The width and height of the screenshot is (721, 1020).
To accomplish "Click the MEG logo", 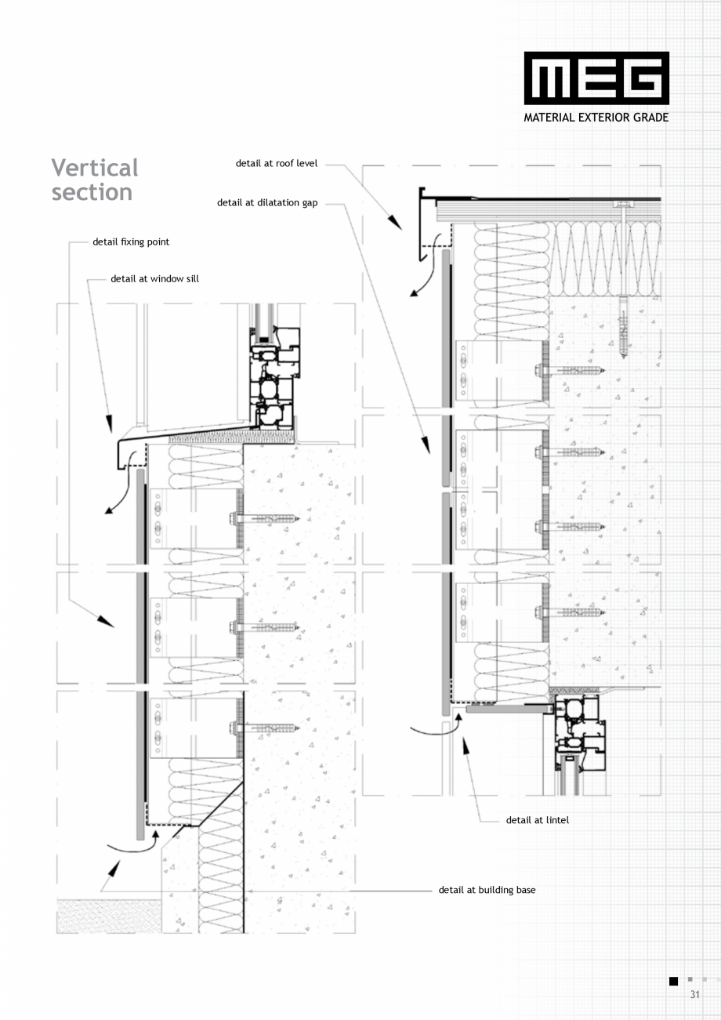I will tap(596, 78).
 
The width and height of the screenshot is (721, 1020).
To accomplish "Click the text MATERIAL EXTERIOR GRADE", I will tap(596, 118).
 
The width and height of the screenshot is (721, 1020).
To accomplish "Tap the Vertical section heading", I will tap(94, 180).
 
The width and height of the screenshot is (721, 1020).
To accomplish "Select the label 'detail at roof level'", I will tap(277, 163).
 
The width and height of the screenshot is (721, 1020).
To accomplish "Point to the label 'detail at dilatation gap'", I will tap(267, 202).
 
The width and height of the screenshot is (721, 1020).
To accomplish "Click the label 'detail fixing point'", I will tap(131, 241).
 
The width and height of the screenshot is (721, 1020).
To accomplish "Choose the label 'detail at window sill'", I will tap(154, 278).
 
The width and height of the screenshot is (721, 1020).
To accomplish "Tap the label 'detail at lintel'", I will tap(538, 820).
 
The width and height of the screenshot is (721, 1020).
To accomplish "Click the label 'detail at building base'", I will tap(487, 890).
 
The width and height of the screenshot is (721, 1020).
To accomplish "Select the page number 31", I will tap(694, 994).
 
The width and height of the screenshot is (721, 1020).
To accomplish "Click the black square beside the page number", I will tap(673, 981).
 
